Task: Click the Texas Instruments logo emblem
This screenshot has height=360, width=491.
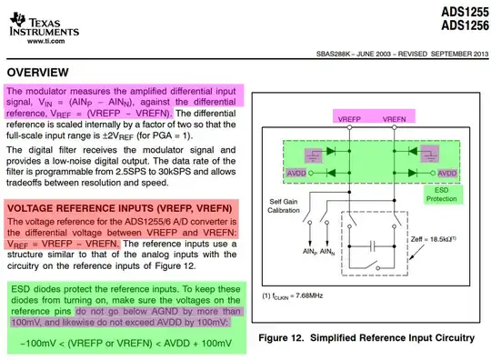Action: point(13,20)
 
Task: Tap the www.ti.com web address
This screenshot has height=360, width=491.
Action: point(45,42)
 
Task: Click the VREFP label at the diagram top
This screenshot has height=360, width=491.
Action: point(354,119)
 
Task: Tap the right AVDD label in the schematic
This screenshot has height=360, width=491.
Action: point(446,171)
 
